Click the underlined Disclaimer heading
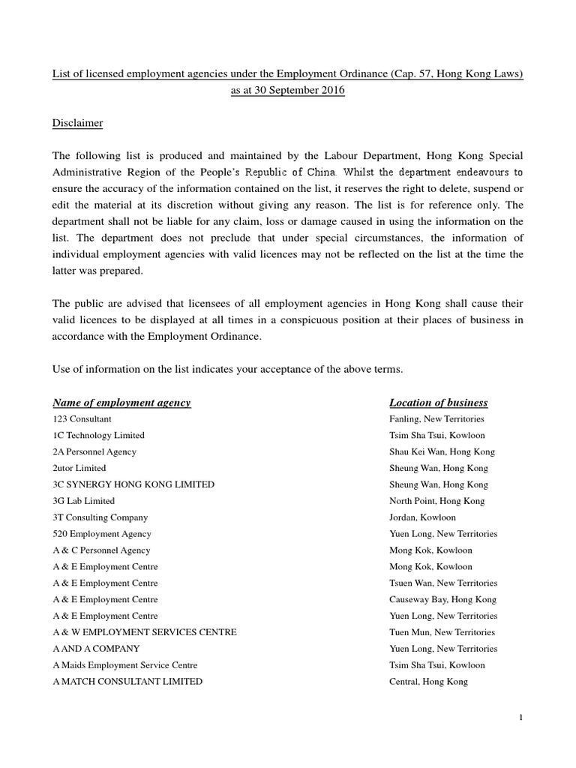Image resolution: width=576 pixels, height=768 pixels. coord(77,122)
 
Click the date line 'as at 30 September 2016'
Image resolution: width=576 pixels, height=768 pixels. coord(287,90)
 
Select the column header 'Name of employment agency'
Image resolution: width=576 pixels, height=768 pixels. coord(121,403)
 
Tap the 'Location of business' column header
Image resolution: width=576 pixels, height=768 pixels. coord(439,403)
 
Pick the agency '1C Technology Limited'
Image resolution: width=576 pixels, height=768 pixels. coord(98,436)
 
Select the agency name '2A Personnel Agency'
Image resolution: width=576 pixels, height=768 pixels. coord(94,452)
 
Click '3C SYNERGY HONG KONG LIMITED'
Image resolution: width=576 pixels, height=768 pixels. coord(133,484)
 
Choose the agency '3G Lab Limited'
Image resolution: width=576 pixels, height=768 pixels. coord(83,501)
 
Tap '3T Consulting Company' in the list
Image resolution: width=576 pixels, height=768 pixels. coord(100,517)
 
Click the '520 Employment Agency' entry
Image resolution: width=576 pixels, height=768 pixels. coord(102,534)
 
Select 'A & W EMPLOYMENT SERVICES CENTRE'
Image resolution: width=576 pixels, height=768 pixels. coord(145,632)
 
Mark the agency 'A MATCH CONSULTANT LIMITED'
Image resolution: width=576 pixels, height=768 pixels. coord(127,682)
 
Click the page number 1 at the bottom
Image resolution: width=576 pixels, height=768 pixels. coord(520,718)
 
